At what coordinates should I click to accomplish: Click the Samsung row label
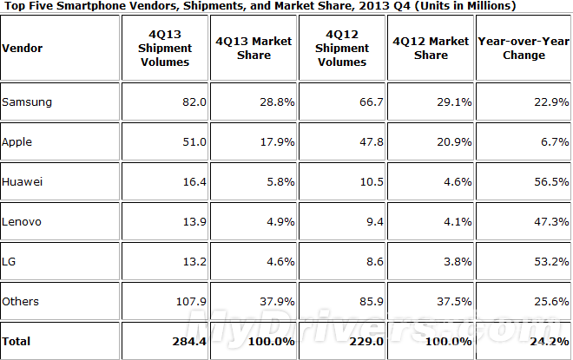click(28, 101)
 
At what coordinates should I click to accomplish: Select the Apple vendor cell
click(18, 141)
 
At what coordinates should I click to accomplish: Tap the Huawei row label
click(22, 181)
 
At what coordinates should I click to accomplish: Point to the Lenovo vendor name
click(23, 221)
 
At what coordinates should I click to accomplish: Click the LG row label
click(10, 261)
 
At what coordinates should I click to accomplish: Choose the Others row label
click(21, 301)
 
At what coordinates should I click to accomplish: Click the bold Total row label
click(17, 341)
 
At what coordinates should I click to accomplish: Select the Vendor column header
click(23, 49)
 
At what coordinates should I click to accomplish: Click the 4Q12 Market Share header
click(431, 49)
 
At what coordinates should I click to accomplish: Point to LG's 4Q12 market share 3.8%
click(456, 261)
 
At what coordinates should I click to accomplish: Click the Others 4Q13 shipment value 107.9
click(187, 301)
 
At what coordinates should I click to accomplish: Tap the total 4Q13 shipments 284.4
click(186, 341)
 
